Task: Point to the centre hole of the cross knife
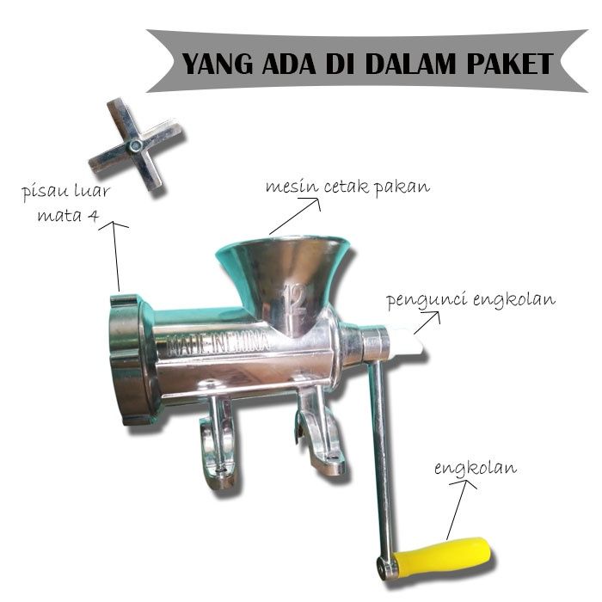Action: [135, 147]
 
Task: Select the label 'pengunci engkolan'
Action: [470, 300]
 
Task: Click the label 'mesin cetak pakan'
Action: [347, 186]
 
